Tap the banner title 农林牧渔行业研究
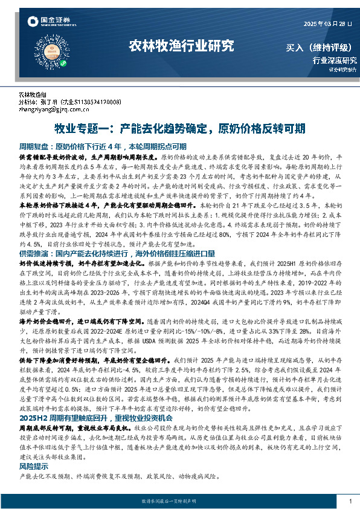(181, 46)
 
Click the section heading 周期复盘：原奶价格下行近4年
(103, 146)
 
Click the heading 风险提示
(34, 467)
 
